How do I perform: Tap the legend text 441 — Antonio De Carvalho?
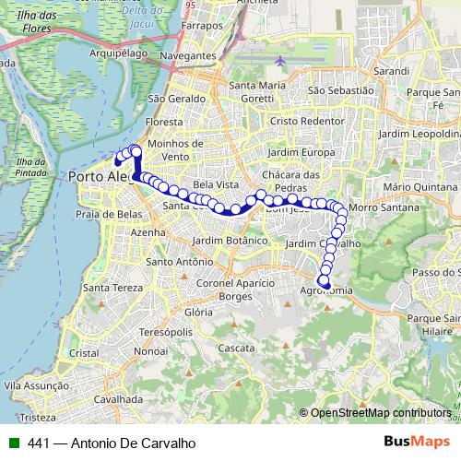(112, 443)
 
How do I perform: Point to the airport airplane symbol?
(279, 61)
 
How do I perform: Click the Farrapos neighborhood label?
(203, 26)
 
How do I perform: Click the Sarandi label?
(391, 70)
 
